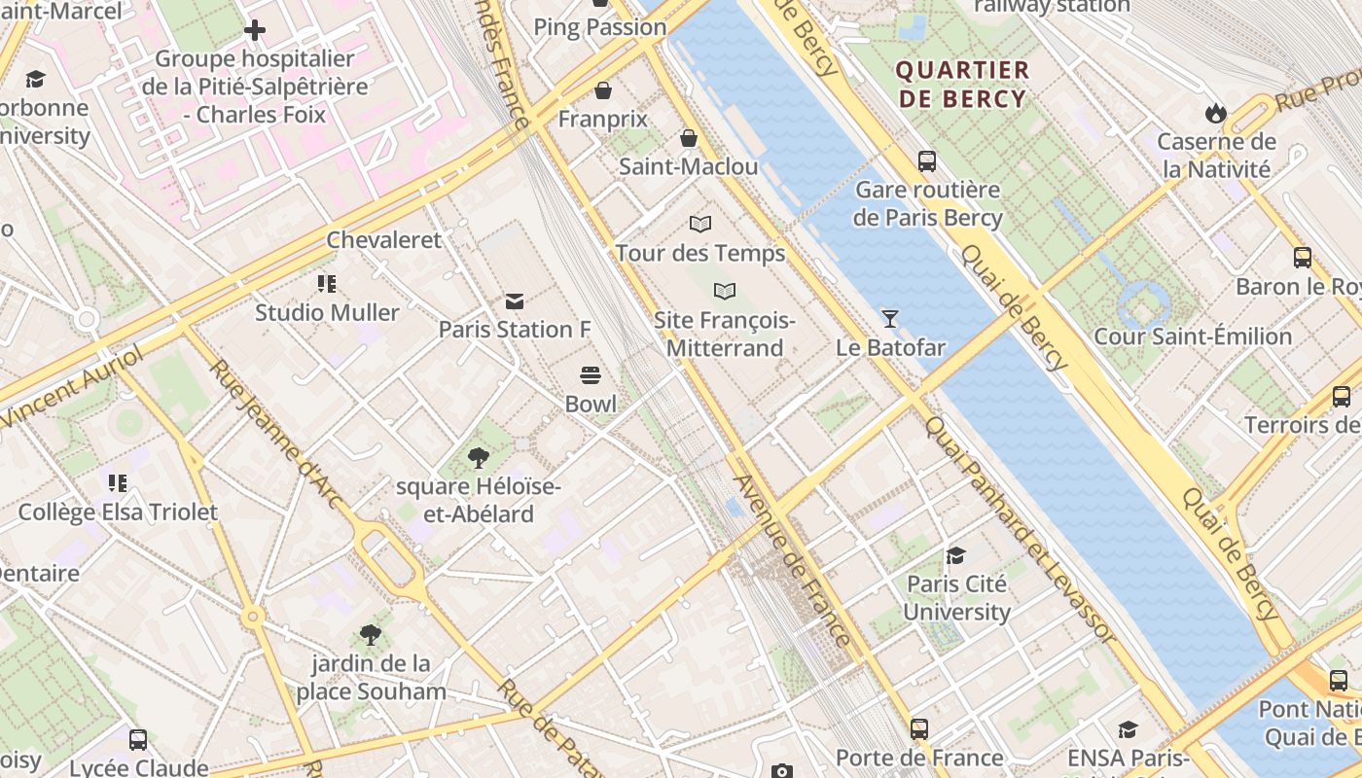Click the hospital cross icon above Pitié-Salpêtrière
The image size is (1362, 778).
click(255, 30)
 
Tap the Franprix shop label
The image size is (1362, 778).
click(602, 119)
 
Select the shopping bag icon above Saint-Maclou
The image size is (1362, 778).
click(689, 138)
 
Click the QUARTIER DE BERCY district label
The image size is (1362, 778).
click(961, 85)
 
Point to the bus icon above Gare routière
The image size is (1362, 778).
click(926, 161)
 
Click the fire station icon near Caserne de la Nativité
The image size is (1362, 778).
click(1214, 113)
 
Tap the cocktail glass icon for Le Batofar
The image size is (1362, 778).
click(889, 318)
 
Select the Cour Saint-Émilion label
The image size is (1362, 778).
click(1193, 336)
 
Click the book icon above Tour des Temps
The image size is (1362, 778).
click(700, 224)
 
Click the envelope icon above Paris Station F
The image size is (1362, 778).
click(514, 301)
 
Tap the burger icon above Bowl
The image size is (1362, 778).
click(590, 375)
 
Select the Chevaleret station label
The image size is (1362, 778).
click(383, 240)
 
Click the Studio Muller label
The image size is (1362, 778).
click(327, 312)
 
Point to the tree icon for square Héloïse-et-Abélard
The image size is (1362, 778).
click(478, 457)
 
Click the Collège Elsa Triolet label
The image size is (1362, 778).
click(118, 512)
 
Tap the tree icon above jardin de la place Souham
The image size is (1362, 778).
click(370, 635)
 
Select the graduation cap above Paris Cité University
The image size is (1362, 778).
click(955, 555)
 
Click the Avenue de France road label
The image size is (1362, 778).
click(793, 559)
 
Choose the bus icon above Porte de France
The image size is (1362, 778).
click(918, 728)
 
